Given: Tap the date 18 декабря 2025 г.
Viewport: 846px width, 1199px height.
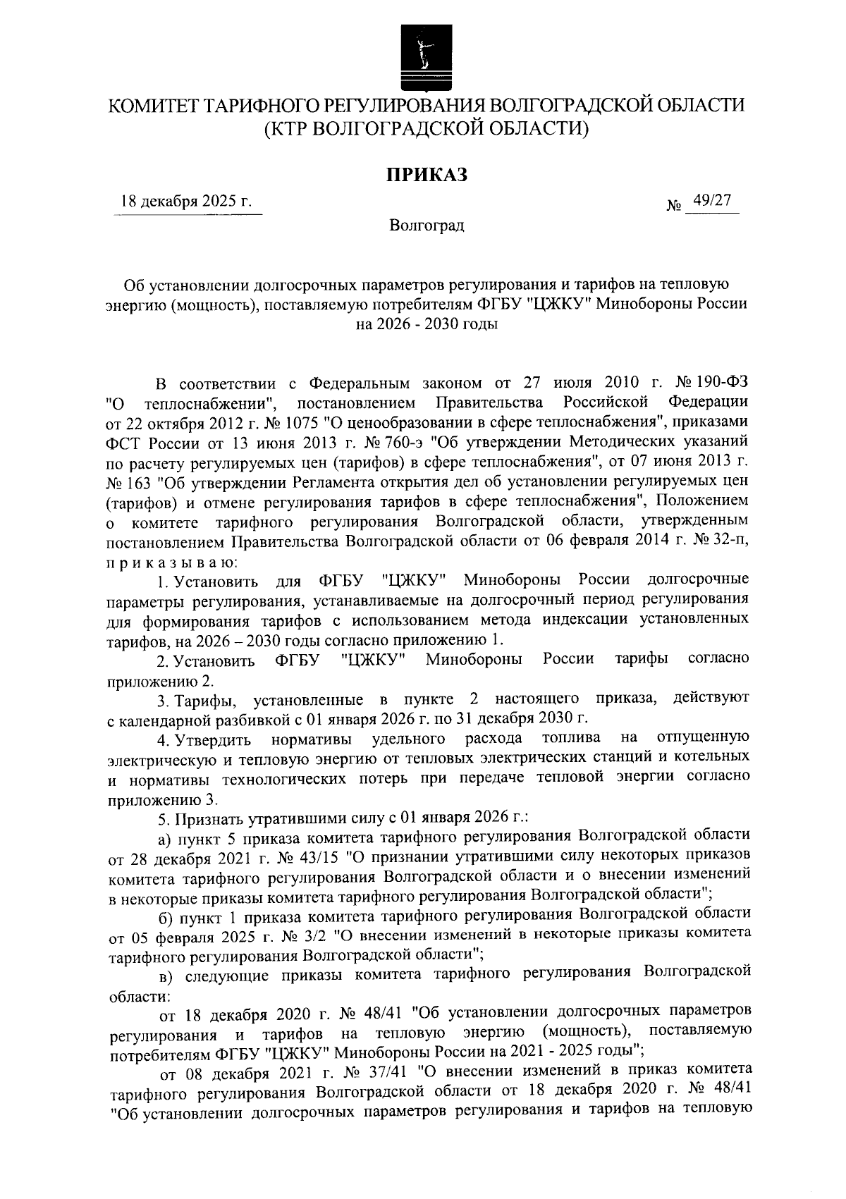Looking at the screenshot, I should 186,202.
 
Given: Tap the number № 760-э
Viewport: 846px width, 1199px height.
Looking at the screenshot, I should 389,441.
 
